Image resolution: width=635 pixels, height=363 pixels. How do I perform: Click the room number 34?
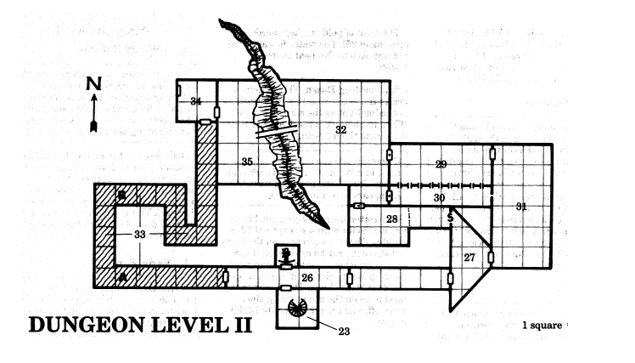click(x=196, y=102)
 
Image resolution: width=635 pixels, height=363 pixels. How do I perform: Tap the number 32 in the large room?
click(x=340, y=130)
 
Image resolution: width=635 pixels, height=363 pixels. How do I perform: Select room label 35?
click(x=247, y=161)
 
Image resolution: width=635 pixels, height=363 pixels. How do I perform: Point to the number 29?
click(x=440, y=164)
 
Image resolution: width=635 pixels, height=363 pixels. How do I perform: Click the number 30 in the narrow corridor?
click(x=439, y=197)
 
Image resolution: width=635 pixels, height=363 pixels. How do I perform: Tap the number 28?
click(x=392, y=219)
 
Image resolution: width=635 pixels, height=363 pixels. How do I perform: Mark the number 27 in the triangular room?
click(x=469, y=257)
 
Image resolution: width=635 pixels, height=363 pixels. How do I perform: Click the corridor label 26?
click(x=308, y=276)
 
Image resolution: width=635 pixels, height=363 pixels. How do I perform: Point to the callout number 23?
click(x=342, y=332)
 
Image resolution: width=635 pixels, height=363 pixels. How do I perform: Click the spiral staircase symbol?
click(x=300, y=308)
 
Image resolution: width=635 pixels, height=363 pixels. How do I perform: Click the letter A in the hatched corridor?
click(x=122, y=276)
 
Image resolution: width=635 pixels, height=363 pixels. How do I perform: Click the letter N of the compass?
click(x=94, y=84)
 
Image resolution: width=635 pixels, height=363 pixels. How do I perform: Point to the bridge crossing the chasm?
click(x=275, y=133)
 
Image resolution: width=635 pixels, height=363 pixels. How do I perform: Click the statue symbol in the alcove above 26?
click(x=287, y=253)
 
